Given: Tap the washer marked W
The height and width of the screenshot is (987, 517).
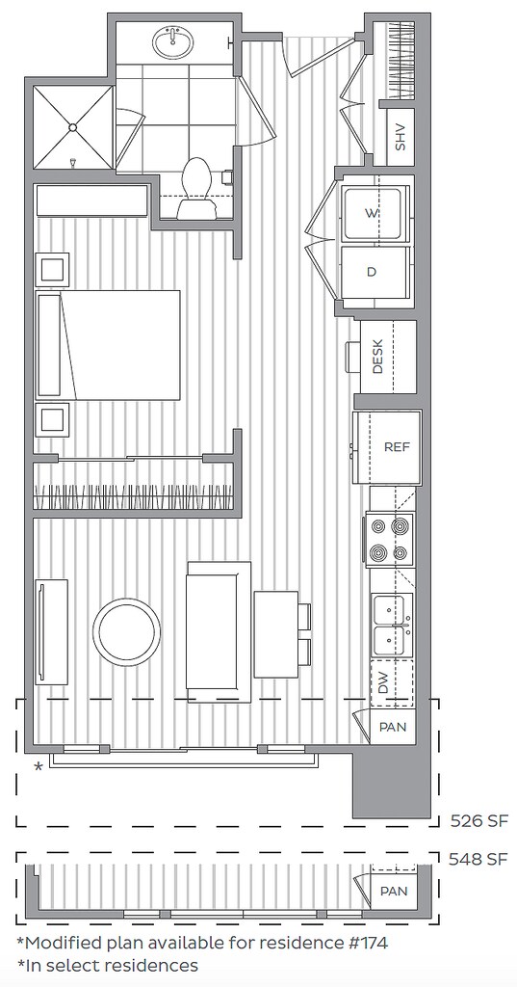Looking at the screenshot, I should tap(372, 211).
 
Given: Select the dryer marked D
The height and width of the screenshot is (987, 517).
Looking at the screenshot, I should tap(372, 272).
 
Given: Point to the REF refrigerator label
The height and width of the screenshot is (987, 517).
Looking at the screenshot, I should tap(397, 447).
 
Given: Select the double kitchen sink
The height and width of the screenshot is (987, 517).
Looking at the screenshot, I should tap(391, 625).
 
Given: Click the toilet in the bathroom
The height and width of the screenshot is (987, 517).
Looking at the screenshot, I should tap(197, 189).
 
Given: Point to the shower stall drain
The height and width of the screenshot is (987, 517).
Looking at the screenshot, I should tap(73, 127).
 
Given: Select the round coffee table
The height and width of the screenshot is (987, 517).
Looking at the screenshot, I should tap(126, 633).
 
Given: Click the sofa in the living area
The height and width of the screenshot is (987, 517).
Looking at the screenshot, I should tap(219, 632).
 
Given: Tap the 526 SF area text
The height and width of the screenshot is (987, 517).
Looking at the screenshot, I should tap(478, 821).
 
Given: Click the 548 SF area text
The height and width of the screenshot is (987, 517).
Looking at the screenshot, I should tap(478, 858).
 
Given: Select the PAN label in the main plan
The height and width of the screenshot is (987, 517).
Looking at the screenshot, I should tap(392, 727).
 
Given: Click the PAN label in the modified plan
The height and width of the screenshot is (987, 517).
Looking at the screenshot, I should tap(392, 892).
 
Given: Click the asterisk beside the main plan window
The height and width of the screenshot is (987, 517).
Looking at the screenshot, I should tap(39, 767).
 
